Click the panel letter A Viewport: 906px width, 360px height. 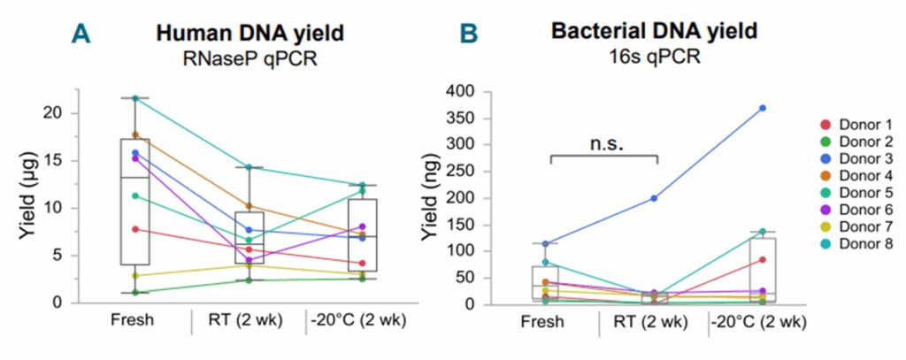click(81, 34)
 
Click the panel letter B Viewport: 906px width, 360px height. click(468, 34)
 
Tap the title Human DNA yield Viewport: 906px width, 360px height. click(250, 34)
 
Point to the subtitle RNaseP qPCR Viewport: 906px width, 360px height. click(250, 59)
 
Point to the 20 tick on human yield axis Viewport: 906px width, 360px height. click(57, 113)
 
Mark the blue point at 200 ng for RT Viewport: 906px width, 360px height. click(653, 198)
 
